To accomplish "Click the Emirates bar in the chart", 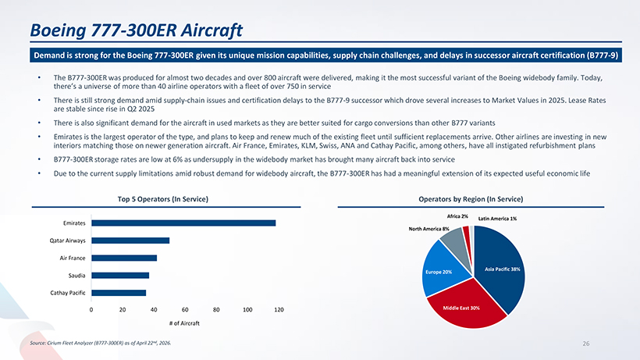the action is point(183,223).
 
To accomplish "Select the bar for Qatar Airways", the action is point(130,241).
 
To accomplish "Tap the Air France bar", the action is point(124,258).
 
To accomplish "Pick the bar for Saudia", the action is point(120,276).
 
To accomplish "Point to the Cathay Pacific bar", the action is point(119,293).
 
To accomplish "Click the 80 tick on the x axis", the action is point(216,310).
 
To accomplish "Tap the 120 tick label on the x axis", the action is point(279,310).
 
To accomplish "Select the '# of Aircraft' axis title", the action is point(184,323).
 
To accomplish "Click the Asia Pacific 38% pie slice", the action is point(500,266).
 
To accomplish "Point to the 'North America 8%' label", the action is point(429,229).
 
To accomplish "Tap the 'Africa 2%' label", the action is point(457,216).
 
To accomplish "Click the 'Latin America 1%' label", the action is point(497,219).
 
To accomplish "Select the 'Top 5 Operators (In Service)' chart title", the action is point(163,199).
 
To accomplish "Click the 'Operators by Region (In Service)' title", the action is point(471,199).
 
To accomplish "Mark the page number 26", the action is point(586,344).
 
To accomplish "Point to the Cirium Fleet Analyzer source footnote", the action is point(101,343).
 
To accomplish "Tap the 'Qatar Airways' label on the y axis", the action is point(68,241).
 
